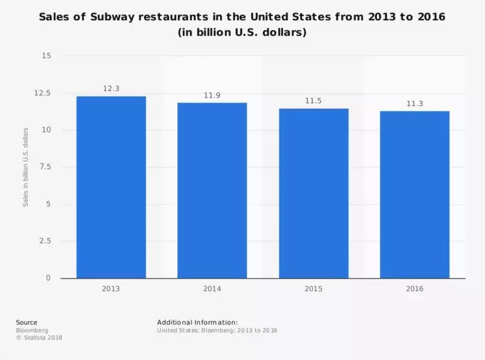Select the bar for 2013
(111, 187)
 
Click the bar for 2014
(212, 191)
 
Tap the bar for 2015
(314, 193)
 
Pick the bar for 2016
(415, 195)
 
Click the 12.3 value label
(111, 89)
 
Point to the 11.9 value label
(212, 95)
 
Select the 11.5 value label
(314, 101)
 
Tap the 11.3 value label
(415, 103)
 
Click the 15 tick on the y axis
(46, 56)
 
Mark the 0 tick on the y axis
(48, 279)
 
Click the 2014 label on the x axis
(212, 289)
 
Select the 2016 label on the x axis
(415, 289)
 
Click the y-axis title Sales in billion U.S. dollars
(26, 167)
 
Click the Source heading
(27, 323)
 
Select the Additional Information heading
(197, 323)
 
